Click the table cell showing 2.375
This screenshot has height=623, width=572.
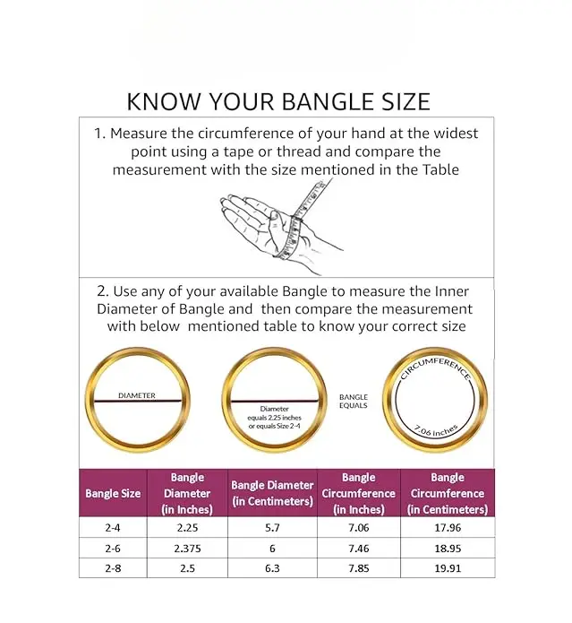pyautogui.click(x=187, y=549)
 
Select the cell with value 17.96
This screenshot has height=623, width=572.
pyautogui.click(x=448, y=528)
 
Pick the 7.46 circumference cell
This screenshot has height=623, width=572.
pyautogui.click(x=359, y=549)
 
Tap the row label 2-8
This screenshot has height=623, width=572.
pyautogui.click(x=113, y=568)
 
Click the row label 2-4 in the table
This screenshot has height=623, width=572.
pyautogui.click(x=113, y=528)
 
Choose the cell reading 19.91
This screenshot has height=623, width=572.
pyautogui.click(x=448, y=568)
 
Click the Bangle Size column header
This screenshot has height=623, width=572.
pyautogui.click(x=113, y=494)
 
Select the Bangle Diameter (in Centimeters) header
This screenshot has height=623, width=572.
pyautogui.click(x=272, y=493)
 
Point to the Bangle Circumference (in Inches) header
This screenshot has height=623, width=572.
pyautogui.click(x=359, y=493)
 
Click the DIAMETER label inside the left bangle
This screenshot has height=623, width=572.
pyautogui.click(x=137, y=395)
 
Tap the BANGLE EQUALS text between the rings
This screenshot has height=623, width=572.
pyautogui.click(x=354, y=402)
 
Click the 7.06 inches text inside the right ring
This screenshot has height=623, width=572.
pyautogui.click(x=436, y=431)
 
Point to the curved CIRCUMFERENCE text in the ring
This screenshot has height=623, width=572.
pyautogui.click(x=436, y=367)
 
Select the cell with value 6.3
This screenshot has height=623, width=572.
pyautogui.click(x=272, y=568)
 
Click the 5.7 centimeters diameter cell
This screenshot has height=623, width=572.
pyautogui.click(x=272, y=528)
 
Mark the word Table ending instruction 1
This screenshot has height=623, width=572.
pyautogui.click(x=440, y=169)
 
